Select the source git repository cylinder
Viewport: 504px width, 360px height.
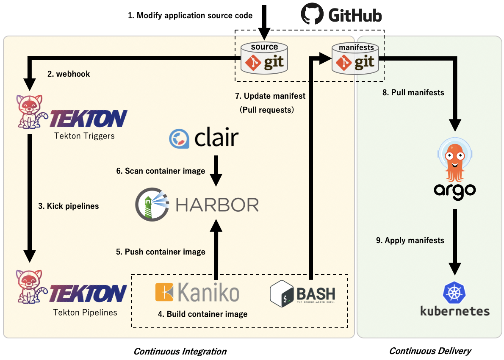[x=264, y=58]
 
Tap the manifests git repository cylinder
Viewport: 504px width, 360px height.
[x=356, y=58]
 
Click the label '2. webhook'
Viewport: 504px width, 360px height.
[x=69, y=74]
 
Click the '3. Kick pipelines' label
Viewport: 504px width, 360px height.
[x=69, y=206]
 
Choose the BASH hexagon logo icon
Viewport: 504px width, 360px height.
[x=282, y=293]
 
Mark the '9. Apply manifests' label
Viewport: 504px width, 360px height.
[x=410, y=241]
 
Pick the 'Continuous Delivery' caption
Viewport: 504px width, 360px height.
[x=430, y=351]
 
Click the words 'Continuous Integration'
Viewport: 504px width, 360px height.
[x=180, y=351]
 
